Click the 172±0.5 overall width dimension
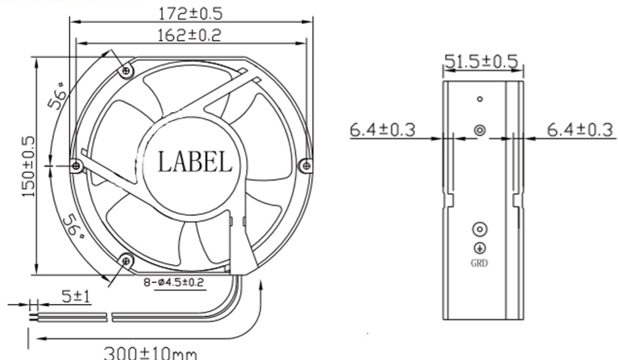click(190, 12)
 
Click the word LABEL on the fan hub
click(195, 162)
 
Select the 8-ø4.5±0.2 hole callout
click(174, 283)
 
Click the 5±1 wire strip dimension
click(76, 297)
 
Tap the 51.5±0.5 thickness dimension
click(481, 62)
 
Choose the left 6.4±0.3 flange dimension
click(382, 130)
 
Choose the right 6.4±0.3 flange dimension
click(580, 130)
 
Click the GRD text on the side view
click(480, 264)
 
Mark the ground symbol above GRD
click(480, 248)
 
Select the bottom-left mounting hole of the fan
click(127, 262)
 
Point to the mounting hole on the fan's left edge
click(76, 166)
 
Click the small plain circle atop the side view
click(480, 98)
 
